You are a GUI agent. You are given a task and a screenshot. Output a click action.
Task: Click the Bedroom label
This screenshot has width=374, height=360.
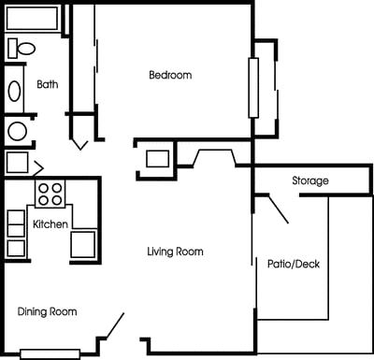170,75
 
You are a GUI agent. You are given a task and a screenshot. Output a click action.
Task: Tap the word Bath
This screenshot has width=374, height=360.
47,84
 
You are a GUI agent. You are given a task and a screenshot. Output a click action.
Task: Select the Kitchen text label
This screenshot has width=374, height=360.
50,225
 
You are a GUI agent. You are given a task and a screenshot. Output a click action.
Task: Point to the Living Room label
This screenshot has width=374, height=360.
175,252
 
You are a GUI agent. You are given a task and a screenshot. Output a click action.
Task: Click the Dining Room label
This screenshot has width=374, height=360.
47,311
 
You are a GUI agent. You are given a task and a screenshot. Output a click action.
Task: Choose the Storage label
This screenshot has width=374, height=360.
309,180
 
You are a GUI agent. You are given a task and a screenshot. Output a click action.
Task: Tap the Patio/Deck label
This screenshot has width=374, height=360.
294,264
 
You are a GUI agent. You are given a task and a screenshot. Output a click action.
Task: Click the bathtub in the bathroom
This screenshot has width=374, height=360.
34,19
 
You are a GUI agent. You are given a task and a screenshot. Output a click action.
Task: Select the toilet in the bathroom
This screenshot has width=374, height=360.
22,47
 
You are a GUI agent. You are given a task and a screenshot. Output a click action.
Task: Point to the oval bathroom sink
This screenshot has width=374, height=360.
15,91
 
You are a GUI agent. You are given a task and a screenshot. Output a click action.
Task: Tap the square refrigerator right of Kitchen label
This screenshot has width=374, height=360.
82,244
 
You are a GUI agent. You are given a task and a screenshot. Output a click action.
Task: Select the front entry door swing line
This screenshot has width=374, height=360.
114,327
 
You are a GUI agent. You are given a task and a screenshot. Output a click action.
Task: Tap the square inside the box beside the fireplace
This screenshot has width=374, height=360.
157,157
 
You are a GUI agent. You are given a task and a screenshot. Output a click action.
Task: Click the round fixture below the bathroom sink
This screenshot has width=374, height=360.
16,130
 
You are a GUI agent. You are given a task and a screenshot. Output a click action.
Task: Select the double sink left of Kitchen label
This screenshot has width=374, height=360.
16,233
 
